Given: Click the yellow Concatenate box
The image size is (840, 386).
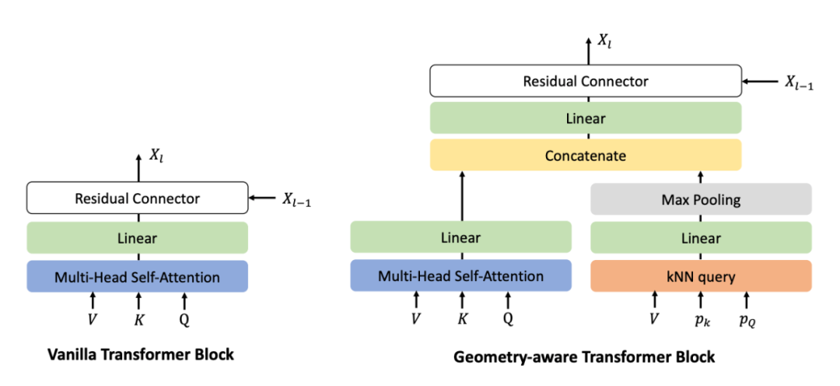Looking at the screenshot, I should coord(585,156).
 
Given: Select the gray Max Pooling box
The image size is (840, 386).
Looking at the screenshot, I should coord(701,199).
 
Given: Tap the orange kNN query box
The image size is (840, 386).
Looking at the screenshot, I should coord(701,275).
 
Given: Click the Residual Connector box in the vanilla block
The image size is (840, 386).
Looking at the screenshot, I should coord(137,198).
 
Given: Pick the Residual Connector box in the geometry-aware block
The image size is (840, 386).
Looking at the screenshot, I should coord(585,81).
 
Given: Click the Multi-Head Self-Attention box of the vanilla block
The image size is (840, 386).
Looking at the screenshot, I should coord(137,276).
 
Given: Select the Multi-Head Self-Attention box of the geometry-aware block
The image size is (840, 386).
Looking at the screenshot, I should coord(460,275).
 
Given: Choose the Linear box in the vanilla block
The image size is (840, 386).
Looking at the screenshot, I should coord(137,237).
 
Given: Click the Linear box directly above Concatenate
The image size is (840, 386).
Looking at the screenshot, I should coord(585,119).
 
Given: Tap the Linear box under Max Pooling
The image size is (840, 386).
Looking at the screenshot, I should coord(701,237).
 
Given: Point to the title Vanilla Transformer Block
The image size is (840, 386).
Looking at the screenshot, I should coord(137,354).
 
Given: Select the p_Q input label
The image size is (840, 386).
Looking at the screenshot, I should coord(747,320).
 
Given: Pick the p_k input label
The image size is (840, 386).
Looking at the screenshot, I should coord(701,320).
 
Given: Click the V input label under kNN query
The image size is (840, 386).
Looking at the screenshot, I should coord(654,318).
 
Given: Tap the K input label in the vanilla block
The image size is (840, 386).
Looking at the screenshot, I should coord(138,318).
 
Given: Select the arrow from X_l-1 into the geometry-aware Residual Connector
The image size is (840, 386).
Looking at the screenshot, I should coord(762,81).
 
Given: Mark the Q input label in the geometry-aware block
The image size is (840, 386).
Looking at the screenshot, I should coord(507,318).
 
